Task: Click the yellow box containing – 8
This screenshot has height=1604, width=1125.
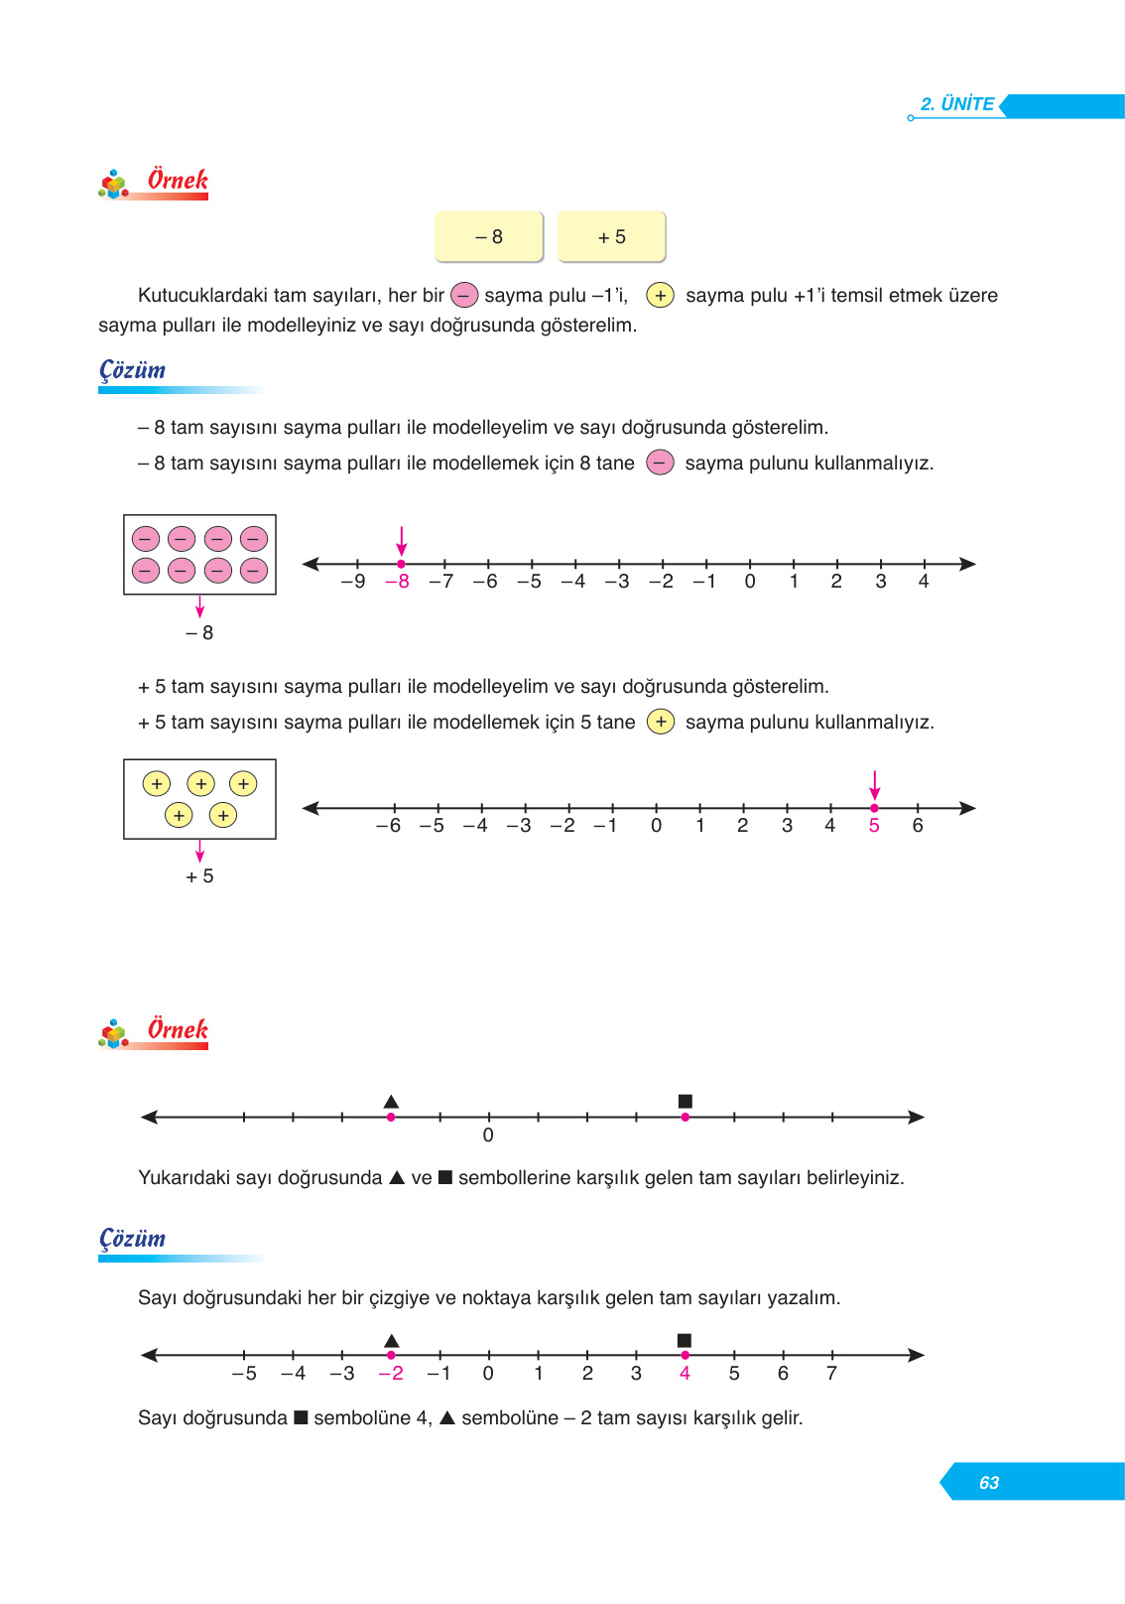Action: [489, 236]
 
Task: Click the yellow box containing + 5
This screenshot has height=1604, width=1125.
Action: [611, 236]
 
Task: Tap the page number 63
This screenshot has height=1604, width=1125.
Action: [988, 1482]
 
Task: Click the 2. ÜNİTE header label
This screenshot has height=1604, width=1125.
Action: [956, 104]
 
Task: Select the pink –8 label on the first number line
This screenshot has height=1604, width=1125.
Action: [397, 582]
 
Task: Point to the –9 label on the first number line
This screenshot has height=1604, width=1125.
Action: [353, 582]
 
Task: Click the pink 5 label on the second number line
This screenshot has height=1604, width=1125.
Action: [874, 826]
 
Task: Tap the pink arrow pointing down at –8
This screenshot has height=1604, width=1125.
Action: [401, 541]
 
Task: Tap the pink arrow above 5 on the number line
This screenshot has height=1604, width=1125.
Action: [874, 784]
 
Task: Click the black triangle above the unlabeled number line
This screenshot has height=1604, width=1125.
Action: [391, 1101]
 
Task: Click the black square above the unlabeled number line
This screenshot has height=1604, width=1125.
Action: [685, 1101]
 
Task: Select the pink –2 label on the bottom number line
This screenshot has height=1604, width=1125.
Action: [391, 1374]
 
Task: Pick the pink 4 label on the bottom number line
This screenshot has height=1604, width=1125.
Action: [685, 1374]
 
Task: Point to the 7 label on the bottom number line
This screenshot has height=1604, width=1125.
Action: [831, 1374]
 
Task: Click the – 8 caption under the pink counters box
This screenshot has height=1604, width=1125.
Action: [199, 633]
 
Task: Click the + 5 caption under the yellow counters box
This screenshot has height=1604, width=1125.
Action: [199, 876]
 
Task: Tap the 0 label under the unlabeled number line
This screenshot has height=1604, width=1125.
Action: [488, 1136]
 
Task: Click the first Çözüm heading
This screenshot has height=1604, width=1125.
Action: [133, 370]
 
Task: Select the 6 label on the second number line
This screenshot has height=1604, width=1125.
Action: [918, 826]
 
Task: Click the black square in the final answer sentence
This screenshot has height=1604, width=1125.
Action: [301, 1417]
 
